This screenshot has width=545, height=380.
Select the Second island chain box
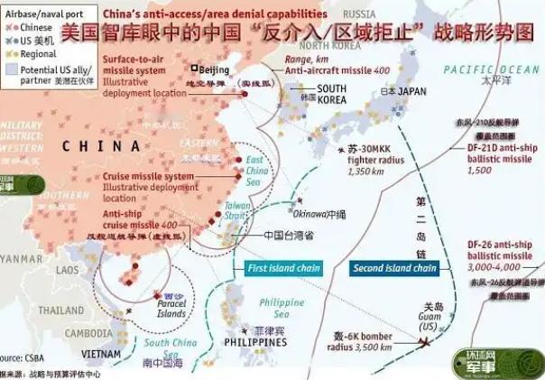click(394, 268)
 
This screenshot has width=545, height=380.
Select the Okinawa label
click(314, 215)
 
